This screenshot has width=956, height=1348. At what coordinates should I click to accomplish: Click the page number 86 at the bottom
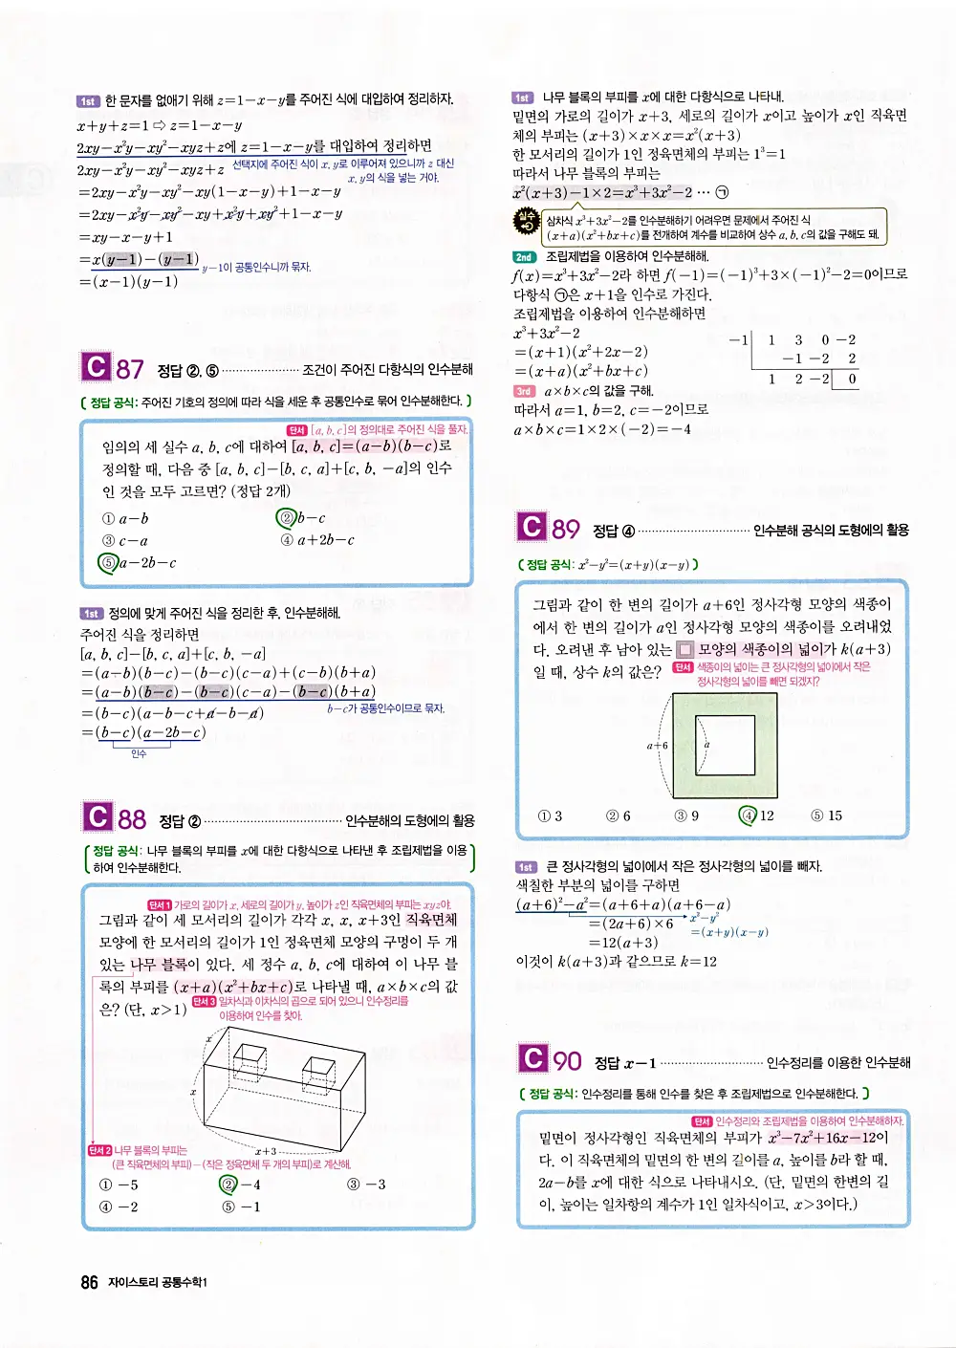click(x=89, y=1282)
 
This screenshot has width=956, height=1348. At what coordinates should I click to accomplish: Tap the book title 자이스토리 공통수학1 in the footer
click(x=158, y=1283)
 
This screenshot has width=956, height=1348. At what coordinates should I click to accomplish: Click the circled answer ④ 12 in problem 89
click(x=756, y=815)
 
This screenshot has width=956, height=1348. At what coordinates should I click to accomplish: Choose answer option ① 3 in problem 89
click(x=550, y=815)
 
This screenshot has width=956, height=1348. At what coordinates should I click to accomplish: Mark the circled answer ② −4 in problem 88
click(x=240, y=1185)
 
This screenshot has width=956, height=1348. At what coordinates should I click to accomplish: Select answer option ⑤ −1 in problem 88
click(x=241, y=1207)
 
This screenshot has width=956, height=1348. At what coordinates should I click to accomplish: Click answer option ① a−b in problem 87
click(x=125, y=518)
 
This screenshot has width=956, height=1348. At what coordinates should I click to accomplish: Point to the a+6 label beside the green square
click(x=657, y=746)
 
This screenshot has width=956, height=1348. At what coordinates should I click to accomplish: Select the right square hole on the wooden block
click(x=318, y=1068)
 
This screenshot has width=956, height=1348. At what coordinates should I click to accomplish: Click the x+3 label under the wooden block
click(x=266, y=1152)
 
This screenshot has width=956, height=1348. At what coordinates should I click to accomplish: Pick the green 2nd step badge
click(x=524, y=256)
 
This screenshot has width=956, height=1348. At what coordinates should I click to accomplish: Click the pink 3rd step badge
click(x=524, y=391)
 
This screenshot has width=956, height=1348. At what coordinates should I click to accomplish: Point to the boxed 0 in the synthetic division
click(x=851, y=379)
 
